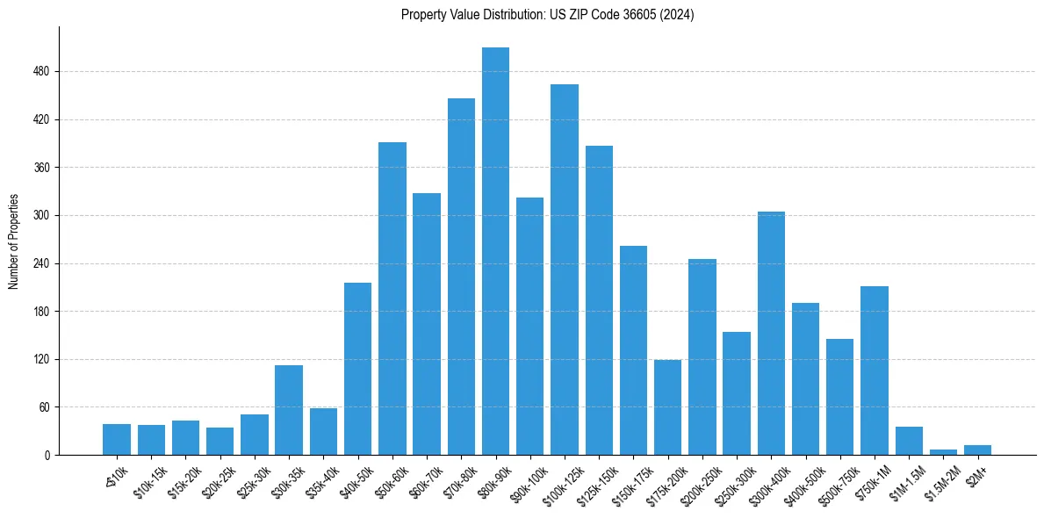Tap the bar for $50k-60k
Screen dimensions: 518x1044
tap(392, 299)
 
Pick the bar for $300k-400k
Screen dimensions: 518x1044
tap(771, 334)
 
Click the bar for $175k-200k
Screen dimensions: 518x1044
tap(667, 407)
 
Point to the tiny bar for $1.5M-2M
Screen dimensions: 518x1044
tap(943, 452)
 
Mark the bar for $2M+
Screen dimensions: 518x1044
tap(977, 450)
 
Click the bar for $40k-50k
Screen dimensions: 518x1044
tap(357, 369)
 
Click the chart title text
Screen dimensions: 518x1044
tap(548, 15)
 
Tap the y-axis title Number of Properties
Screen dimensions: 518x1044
tap(14, 241)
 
